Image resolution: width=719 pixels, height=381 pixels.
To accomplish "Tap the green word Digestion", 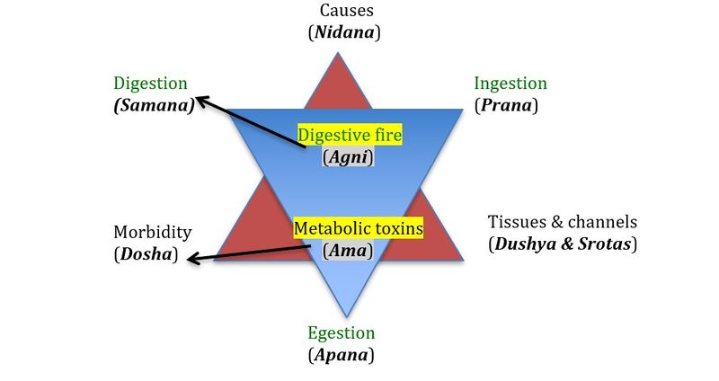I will pyautogui.click(x=150, y=84).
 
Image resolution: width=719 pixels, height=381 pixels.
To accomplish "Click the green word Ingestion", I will pyautogui.click(x=510, y=84).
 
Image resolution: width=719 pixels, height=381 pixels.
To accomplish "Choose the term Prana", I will pyautogui.click(x=506, y=105).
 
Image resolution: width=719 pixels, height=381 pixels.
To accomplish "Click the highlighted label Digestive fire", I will pyautogui.click(x=350, y=137).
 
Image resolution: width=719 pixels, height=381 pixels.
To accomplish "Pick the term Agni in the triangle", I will pyautogui.click(x=347, y=157).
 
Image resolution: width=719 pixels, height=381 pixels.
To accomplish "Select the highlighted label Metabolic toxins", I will pyautogui.click(x=358, y=229).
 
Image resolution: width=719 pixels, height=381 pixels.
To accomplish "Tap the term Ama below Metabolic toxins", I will pyautogui.click(x=347, y=250).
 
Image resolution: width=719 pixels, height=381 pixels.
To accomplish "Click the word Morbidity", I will pyautogui.click(x=152, y=232).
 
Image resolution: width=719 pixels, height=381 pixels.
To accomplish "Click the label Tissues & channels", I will pyautogui.click(x=562, y=221).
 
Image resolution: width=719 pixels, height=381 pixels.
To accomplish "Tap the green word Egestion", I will pyautogui.click(x=341, y=334).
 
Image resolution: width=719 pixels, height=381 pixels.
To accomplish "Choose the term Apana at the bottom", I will pyautogui.click(x=341, y=355).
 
